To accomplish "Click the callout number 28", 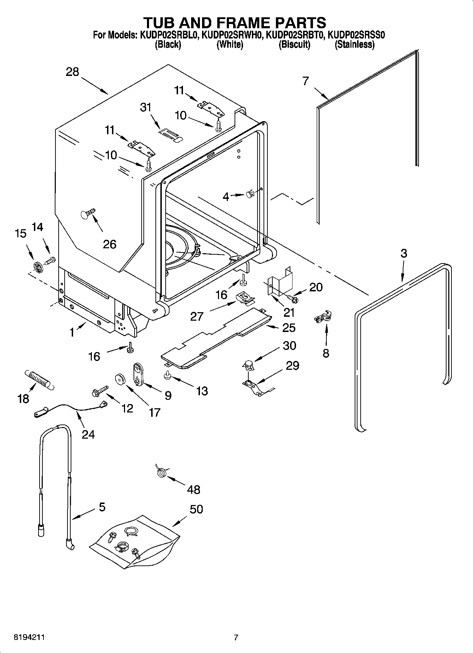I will [x=72, y=72].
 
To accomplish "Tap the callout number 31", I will [x=146, y=107].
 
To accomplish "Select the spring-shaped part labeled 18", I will [x=38, y=380].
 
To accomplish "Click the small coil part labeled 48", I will [x=161, y=471].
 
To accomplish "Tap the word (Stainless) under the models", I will [x=354, y=44].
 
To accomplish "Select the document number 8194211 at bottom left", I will [x=29, y=637].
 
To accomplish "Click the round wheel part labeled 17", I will [x=121, y=380].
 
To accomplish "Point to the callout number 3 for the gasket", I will [x=403, y=253].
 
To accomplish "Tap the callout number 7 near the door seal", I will [x=306, y=81].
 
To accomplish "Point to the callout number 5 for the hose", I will [x=102, y=507].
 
